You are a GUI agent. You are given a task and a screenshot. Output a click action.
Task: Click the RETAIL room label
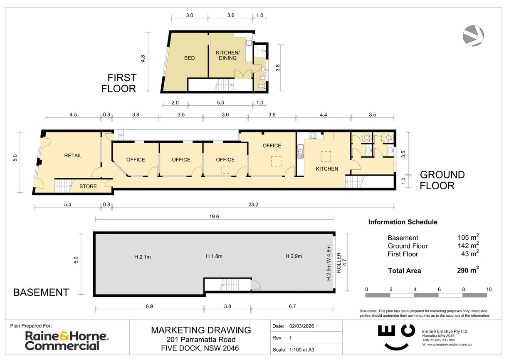pyautogui.click(x=73, y=156)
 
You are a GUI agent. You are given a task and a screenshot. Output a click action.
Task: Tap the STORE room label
pyautogui.click(x=88, y=186)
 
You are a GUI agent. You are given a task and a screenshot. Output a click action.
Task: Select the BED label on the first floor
pyautogui.click(x=189, y=58)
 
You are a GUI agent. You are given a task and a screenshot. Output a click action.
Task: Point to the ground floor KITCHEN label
pyautogui.click(x=327, y=169)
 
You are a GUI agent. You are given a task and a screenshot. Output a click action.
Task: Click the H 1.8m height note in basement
pyautogui.click(x=214, y=256)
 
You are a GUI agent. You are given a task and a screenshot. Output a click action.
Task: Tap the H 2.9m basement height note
pyautogui.click(x=294, y=256)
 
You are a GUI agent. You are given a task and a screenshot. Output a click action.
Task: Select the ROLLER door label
pyautogui.click(x=339, y=263)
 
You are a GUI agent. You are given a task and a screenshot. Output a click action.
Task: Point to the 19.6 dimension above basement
pyautogui.click(x=214, y=216)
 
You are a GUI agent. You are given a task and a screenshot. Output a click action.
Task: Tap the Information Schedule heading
pyautogui.click(x=403, y=222)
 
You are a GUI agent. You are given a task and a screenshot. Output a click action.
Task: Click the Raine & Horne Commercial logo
pyautogui.click(x=67, y=340)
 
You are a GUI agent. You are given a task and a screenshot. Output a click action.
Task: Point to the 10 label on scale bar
pyautogui.click(x=489, y=289)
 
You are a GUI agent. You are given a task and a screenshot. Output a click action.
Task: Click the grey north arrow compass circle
pyautogui.click(x=473, y=35)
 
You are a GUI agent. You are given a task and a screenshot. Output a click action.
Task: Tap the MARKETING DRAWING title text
pyautogui.click(x=201, y=330)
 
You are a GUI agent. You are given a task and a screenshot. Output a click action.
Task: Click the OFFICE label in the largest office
pyautogui.click(x=272, y=146)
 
